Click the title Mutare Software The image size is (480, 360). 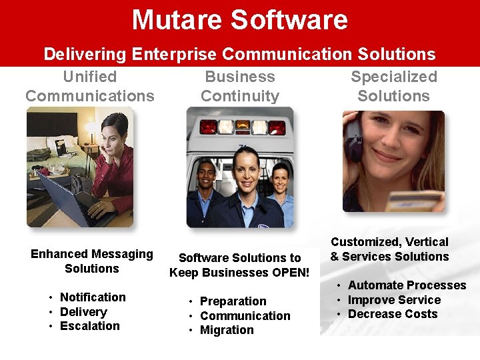pos(240,20)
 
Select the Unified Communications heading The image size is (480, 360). pos(90,86)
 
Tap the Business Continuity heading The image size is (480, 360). pos(240,86)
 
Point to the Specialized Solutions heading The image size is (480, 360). pos(394,86)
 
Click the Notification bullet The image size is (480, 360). pos(93,297)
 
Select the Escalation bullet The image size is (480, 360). pos(90,326)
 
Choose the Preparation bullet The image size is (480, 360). pos(233,301)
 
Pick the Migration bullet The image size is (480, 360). pos(227,330)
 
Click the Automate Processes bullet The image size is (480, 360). pos(407,285)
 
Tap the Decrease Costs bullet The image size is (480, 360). pos(393,314)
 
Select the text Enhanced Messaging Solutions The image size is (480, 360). pos(92,261)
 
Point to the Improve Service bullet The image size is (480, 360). pos(394,300)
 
